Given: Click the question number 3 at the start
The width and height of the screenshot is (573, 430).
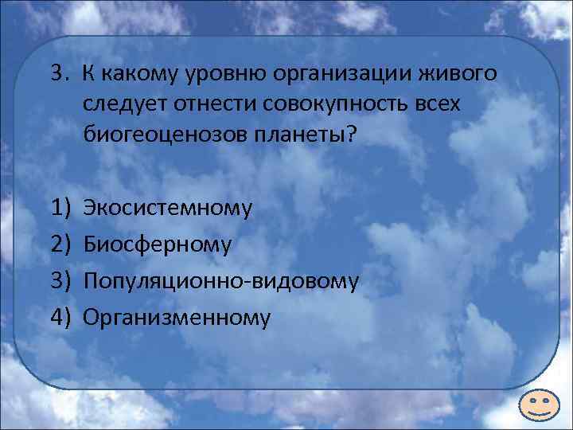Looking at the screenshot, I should click(x=55, y=74).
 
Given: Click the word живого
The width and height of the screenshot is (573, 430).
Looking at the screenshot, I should click(x=459, y=75).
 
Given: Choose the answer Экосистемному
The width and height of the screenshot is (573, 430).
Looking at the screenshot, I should click(x=167, y=209).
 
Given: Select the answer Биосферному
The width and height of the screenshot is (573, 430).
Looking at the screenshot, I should click(x=157, y=245).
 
